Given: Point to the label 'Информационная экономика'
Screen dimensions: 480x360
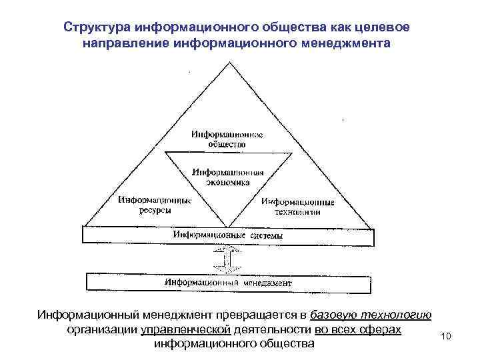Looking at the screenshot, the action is pos(228,176).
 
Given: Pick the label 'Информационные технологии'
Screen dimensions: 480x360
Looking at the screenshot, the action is pos(297,206).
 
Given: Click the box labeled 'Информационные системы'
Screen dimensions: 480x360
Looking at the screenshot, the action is pos(228,235).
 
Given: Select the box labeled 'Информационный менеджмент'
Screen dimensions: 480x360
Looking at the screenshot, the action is pos(228,283).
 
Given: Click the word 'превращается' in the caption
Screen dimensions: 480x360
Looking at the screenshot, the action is pos(259,315).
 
